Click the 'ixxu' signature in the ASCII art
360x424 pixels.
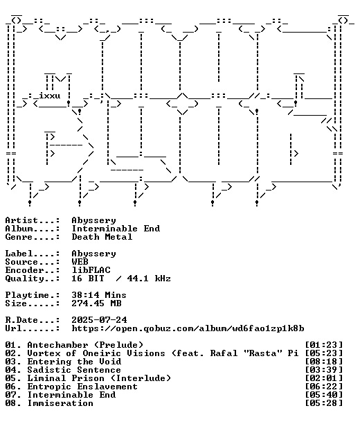coord(50,96)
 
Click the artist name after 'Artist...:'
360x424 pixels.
coord(93,220)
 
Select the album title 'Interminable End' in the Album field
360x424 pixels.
coord(116,229)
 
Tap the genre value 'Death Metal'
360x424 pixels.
coord(102,237)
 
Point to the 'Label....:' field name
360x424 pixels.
coord(33,254)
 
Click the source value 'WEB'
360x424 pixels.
coord(80,262)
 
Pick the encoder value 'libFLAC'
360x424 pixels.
coord(91,270)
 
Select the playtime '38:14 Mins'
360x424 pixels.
coord(99,295)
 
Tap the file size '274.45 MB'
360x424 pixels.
coord(96,303)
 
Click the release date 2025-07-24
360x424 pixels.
coord(99,320)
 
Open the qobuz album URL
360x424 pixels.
coord(188,328)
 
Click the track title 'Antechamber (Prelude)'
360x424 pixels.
coord(85,345)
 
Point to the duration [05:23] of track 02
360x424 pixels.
coord(324,353)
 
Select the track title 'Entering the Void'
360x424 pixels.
coord(74,362)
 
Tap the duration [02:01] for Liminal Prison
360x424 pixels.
coord(324,378)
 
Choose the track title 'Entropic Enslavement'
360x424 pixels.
coord(82,387)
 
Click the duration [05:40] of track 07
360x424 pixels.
coord(324,395)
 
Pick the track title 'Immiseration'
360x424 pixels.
coord(60,403)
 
